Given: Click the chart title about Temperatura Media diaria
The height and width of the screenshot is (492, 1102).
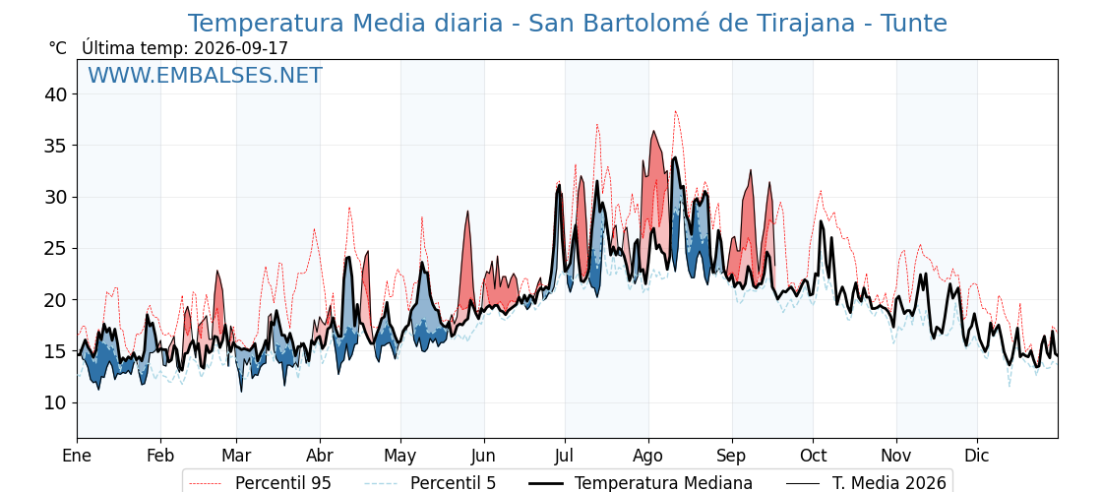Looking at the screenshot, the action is [567, 24].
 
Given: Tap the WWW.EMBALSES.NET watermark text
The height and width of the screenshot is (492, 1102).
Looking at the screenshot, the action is [206, 75].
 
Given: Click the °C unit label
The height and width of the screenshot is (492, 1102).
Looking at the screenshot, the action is [58, 48].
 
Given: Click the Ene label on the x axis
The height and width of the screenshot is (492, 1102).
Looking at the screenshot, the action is [78, 457].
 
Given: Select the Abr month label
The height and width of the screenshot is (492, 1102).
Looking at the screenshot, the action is [320, 457].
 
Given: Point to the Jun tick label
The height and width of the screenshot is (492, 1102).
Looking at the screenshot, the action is [484, 457].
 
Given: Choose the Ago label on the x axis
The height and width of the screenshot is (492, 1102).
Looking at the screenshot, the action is [648, 457].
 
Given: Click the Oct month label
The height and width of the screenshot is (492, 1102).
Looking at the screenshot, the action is [813, 457].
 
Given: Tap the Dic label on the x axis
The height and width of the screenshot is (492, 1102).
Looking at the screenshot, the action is [977, 457].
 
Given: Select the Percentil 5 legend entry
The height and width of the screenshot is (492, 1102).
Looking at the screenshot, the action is [431, 483].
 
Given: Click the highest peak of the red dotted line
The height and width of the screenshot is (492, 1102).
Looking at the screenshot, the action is [675, 111].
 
